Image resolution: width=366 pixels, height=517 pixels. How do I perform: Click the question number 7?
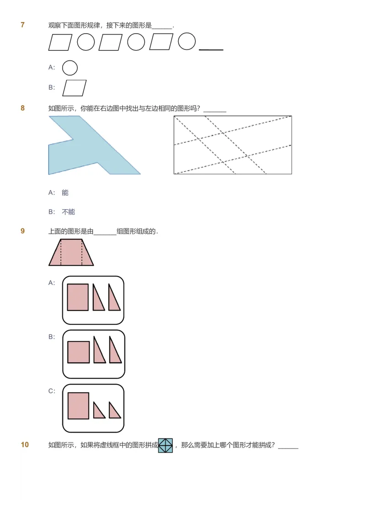tap(22, 25)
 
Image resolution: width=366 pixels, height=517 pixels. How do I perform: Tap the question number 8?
tap(22, 108)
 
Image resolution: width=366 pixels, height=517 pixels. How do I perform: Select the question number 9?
tap(22, 231)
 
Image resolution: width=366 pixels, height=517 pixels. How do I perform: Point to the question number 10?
tap(25, 445)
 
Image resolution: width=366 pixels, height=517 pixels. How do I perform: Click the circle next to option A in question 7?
tap(70, 68)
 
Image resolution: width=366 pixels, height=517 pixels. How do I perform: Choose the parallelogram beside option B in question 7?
tap(74, 88)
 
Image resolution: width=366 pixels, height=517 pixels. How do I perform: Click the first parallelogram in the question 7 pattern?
tap(60, 42)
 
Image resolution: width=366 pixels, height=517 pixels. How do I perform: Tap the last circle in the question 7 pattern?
tap(187, 42)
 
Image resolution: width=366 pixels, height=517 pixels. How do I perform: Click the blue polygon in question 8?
tap(78, 151)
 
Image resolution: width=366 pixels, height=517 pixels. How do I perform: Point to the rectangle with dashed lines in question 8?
tap(232, 145)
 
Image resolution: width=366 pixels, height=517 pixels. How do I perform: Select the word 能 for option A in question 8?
tap(65, 193)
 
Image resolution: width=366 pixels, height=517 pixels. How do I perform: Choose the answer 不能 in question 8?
tap(68, 212)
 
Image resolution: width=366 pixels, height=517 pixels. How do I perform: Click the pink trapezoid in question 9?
tap(71, 253)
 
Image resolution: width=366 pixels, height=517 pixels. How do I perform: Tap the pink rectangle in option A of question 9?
tap(78, 297)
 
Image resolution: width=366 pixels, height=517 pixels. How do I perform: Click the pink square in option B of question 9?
tap(78, 352)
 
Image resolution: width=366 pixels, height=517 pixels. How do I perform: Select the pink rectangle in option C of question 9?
tap(78, 406)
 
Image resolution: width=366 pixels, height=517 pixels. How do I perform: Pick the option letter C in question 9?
tap(52, 391)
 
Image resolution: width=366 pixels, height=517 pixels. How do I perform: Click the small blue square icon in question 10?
tap(165, 445)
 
